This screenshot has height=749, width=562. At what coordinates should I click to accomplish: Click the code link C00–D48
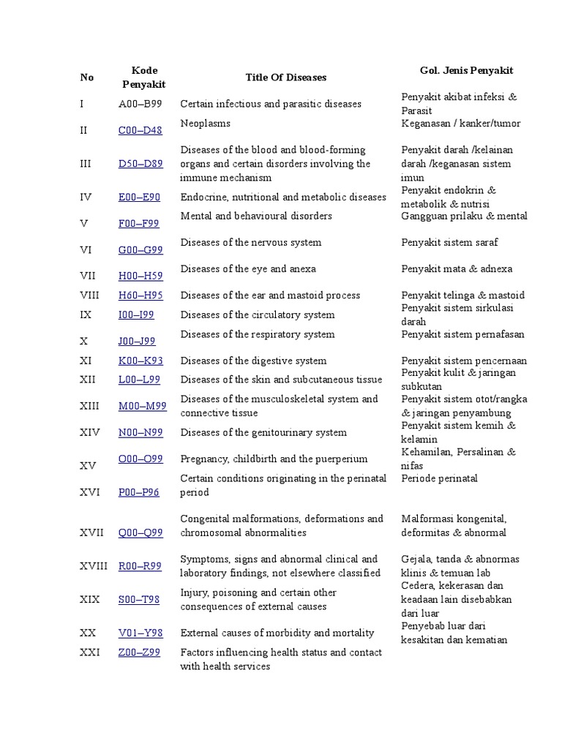pos(140,131)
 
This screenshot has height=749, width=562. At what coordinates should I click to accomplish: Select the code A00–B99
pos(140,104)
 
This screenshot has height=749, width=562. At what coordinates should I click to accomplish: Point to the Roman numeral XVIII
pos(94,566)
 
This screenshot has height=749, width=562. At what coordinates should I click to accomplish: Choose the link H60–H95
pos(140,296)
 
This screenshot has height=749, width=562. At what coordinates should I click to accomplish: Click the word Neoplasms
pos(205,124)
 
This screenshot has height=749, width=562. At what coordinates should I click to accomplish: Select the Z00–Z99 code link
pos(139,652)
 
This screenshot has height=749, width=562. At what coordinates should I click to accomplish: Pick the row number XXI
pos(89,652)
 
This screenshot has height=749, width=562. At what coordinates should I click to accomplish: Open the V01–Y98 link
pos(140,633)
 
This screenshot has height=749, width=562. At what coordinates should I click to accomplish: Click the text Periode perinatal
pos(439,478)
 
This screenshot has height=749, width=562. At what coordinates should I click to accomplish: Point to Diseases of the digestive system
pos(253,361)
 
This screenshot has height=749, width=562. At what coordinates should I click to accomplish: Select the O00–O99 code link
pos(140,459)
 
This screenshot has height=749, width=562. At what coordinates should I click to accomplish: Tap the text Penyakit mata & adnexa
pos(457,268)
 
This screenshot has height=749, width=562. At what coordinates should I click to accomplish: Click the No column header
pos(87,77)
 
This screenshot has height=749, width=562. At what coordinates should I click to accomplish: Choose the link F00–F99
pos(139,224)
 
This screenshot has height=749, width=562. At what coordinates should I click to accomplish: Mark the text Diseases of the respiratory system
pos(257,334)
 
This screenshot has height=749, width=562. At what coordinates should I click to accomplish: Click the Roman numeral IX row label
pos(86,315)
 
